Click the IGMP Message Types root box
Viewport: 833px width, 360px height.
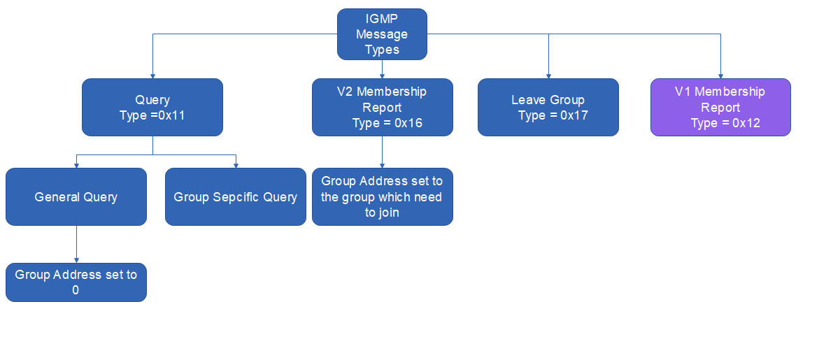tap(382, 34)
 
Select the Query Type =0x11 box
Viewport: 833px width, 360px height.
tap(152, 107)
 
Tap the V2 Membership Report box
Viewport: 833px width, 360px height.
tap(382, 107)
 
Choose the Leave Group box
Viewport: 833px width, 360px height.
tap(548, 107)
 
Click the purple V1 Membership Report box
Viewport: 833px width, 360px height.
tap(720, 107)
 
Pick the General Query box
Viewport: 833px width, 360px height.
tap(76, 196)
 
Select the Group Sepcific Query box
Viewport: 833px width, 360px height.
tap(236, 196)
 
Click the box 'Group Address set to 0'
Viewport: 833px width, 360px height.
tap(76, 282)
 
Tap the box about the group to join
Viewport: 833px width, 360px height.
tap(382, 196)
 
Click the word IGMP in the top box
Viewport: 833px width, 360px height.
tap(382, 19)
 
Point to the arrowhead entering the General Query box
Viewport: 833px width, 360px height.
tap(76, 165)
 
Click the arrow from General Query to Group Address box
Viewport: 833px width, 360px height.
tap(76, 244)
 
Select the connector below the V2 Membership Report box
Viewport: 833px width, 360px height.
tap(382, 152)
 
